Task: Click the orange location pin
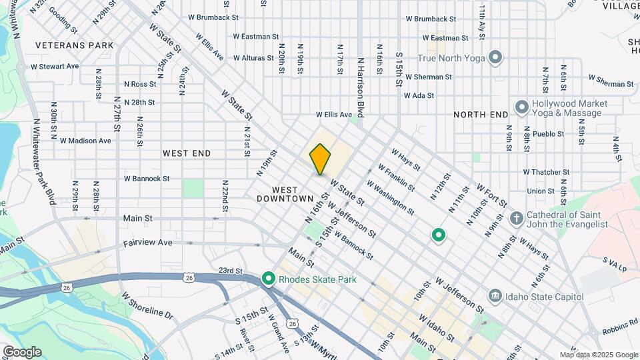pos(320,159)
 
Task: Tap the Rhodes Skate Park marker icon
pos(269,278)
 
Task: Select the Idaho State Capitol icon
pos(495,295)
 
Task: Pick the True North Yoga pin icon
pos(495,58)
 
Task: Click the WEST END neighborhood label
pos(187,153)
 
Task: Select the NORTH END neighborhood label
pos(481,115)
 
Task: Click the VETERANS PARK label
pos(74,45)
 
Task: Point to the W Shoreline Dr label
pos(147,308)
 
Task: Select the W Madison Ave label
pos(85,141)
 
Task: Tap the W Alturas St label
pos(247,58)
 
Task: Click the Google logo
pos(22,352)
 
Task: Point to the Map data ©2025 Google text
pos(598,355)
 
